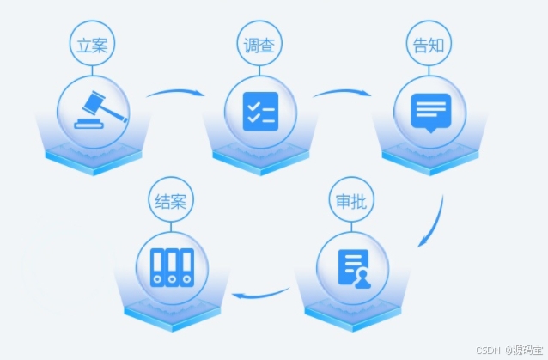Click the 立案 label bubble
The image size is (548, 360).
[x=93, y=46]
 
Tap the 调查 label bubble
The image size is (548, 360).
[x=260, y=46]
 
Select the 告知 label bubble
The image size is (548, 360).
[x=429, y=46]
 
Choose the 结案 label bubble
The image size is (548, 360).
[x=171, y=204]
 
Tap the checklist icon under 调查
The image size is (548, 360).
[x=260, y=111]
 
